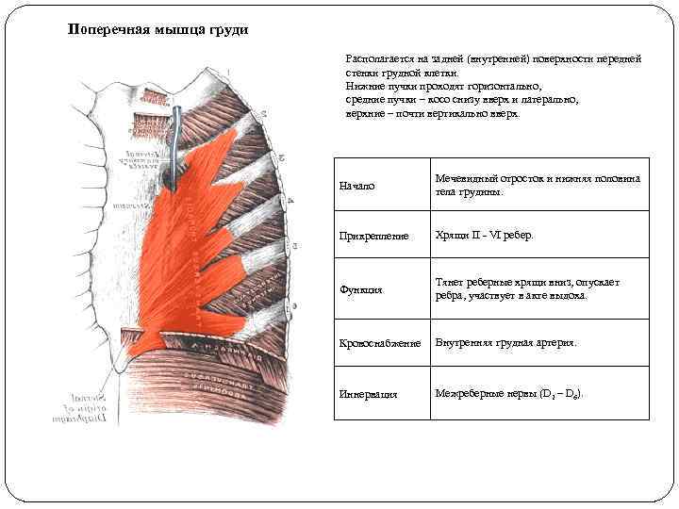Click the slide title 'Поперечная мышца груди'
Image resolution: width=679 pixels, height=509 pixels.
click(158, 29)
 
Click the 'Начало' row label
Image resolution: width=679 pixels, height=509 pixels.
click(356, 186)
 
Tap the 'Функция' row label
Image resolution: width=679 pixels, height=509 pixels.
click(361, 289)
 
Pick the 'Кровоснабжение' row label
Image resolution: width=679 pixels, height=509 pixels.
click(379, 343)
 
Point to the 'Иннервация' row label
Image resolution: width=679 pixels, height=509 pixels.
click(368, 394)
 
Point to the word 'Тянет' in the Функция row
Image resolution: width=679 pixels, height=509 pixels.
click(449, 282)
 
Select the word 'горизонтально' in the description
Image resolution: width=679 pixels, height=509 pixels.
click(504, 85)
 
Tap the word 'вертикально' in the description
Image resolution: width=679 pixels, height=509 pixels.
click(454, 112)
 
